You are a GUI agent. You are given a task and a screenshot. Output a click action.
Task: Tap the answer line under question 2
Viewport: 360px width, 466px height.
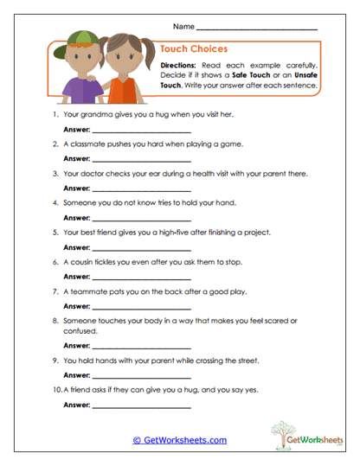click(140, 160)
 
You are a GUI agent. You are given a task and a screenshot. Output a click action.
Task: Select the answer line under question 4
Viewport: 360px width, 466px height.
click(140, 219)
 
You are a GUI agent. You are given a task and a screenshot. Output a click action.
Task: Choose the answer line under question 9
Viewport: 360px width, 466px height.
click(140, 375)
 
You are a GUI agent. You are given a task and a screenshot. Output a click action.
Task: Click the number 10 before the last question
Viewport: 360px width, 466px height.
click(55, 390)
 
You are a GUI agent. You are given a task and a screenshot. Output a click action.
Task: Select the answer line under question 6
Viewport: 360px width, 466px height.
click(140, 278)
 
